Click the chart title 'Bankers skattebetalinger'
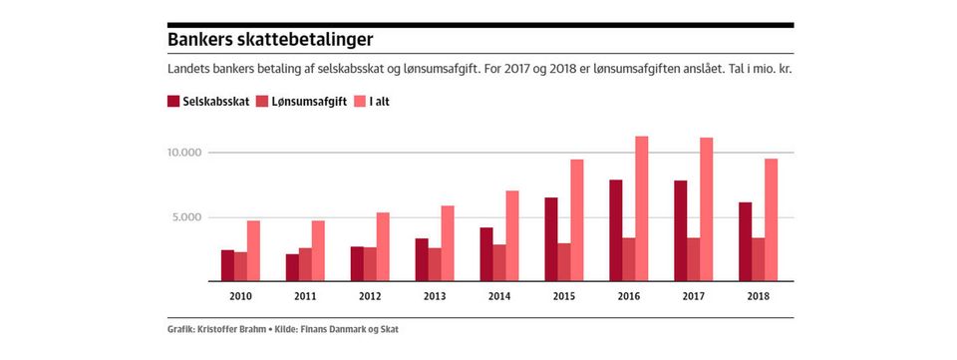(x=270, y=41)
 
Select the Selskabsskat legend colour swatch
(x=172, y=102)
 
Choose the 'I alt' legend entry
(x=371, y=102)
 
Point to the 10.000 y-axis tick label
(x=183, y=153)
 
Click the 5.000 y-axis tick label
(x=185, y=217)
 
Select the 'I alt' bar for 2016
(x=641, y=208)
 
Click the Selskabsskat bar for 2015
(x=551, y=239)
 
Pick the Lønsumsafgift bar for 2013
(x=435, y=264)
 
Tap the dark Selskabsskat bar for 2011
(x=292, y=267)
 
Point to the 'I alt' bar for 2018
(x=771, y=219)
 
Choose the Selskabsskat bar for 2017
(x=681, y=230)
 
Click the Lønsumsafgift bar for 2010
(x=240, y=266)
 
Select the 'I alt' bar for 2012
(x=383, y=246)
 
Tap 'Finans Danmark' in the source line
(x=327, y=330)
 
